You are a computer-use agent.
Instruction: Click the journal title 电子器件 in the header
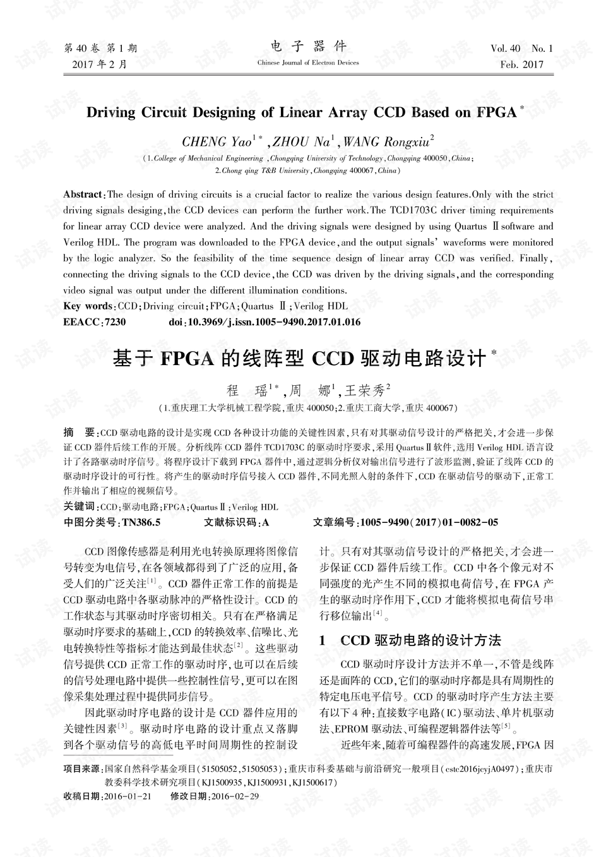pos(308,47)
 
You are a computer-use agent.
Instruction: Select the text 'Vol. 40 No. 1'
pos(521,49)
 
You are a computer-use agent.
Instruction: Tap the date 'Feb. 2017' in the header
pos(521,64)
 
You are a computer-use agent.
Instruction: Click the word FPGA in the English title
pos(496,113)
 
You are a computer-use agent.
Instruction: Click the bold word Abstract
pos(83,195)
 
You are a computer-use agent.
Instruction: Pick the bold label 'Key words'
pos(88,306)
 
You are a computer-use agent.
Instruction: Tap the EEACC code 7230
pos(115,322)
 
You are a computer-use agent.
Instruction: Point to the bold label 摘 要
pos(78,433)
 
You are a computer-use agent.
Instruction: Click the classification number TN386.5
pos(141,522)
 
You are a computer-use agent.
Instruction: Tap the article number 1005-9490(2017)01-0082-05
pos(427,522)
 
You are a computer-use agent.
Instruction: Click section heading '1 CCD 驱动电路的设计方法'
pos(410,640)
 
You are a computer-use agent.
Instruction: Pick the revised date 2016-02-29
pos(235,796)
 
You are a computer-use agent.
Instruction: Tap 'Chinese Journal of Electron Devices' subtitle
pos(308,63)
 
